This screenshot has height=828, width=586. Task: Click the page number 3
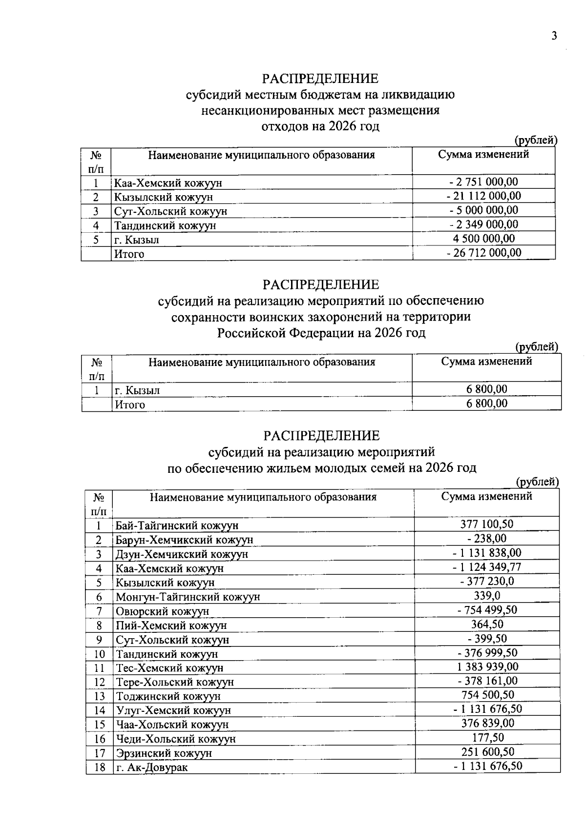click(554, 36)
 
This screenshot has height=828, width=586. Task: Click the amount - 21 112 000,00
click(483, 196)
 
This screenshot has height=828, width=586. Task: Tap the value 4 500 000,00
click(484, 239)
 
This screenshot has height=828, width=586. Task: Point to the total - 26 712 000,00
click(483, 253)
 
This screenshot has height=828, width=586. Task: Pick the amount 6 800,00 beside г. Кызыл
click(487, 389)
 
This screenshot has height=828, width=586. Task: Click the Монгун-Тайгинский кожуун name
click(188, 597)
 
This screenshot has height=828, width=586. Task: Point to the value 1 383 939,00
click(488, 666)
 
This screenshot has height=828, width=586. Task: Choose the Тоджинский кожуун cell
click(168, 696)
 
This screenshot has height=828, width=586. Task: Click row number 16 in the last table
click(100, 739)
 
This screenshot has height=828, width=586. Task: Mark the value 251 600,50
click(488, 752)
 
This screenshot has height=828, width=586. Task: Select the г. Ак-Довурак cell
click(151, 767)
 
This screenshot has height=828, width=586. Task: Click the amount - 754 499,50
click(487, 610)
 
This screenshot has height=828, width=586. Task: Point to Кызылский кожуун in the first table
click(164, 197)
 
